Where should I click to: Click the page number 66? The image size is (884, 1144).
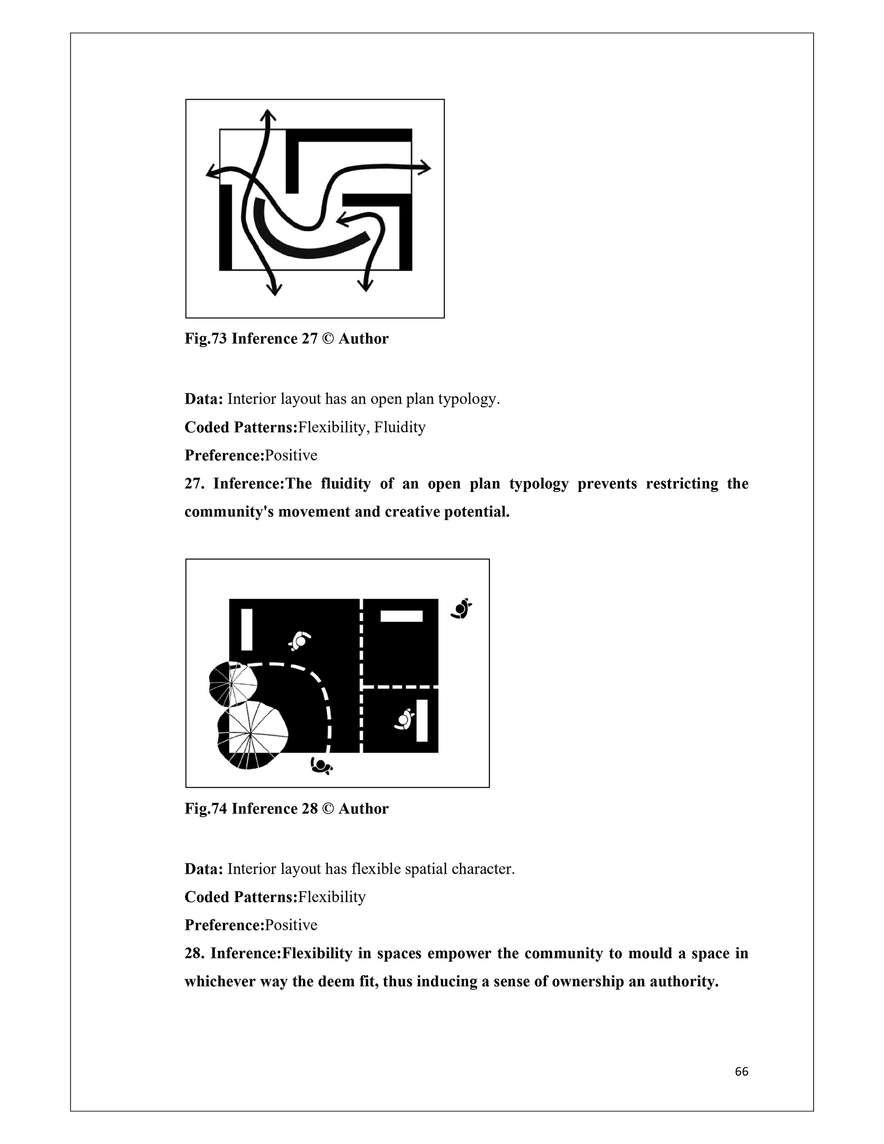[741, 1072]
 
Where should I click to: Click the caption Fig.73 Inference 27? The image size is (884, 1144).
[286, 339]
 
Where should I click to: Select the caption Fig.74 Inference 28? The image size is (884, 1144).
[286, 809]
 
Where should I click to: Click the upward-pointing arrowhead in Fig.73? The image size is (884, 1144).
[268, 115]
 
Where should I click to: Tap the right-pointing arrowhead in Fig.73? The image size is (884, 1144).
[425, 168]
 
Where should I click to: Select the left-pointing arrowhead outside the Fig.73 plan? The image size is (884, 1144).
[212, 172]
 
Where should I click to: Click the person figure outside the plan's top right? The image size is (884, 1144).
[462, 608]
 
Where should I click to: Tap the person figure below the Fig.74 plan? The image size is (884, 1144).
[321, 767]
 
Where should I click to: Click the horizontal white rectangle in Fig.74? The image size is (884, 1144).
[401, 616]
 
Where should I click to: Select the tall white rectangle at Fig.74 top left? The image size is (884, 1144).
[247, 629]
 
